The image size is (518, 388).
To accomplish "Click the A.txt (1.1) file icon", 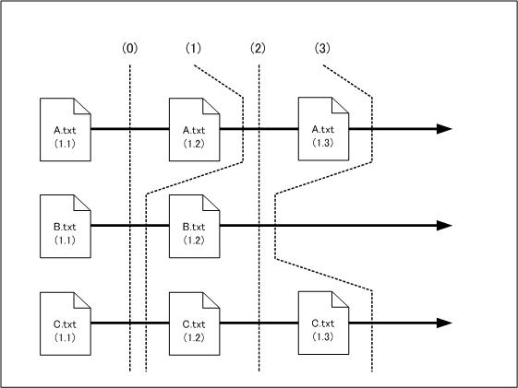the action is point(66,130).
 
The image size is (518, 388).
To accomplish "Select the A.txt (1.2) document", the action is point(194,130).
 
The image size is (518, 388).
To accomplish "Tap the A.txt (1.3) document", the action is point(323,129).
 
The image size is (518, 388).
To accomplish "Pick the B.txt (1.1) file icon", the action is point(66,226).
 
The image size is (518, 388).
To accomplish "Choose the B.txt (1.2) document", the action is point(194,226).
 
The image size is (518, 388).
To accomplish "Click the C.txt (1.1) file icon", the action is point(66,323).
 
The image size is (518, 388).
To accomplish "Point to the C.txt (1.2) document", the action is point(194,323).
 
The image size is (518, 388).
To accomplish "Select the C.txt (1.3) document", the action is point(323,323).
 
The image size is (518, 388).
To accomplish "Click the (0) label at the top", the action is point(130,49).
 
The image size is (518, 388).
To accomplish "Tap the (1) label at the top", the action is point(193,49).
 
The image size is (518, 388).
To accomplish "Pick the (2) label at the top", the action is point(258,49).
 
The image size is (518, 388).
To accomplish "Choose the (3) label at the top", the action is point(322,49).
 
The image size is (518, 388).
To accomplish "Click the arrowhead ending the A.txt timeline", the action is point(444,129).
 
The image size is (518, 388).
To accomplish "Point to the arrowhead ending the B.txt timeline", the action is point(444,226).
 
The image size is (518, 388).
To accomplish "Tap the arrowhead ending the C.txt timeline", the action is point(444,323).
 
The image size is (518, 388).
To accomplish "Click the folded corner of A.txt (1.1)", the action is point(82,106).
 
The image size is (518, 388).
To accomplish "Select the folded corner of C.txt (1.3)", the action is point(340,300).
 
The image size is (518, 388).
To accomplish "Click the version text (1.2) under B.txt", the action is point(194,241).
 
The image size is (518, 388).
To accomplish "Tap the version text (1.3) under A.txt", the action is point(323,143).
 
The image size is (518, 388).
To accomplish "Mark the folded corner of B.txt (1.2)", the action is point(211,203).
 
